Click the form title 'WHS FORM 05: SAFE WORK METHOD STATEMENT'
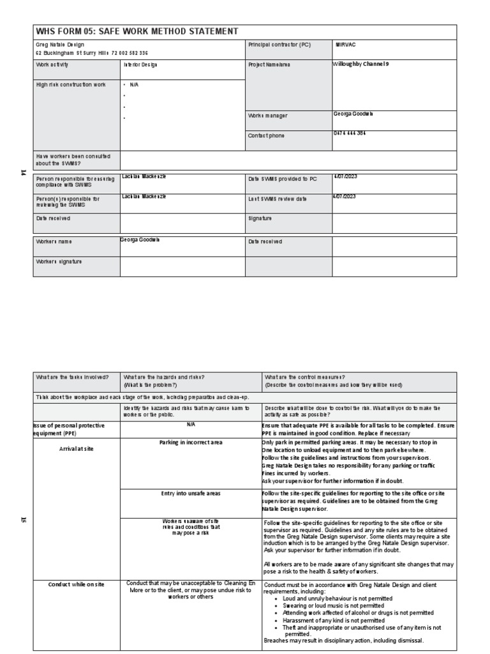(137, 31)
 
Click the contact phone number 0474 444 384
(350, 133)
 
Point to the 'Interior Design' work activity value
(140, 65)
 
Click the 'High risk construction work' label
(71, 85)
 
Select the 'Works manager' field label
(267, 116)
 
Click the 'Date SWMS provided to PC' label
(282, 179)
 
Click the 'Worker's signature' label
(59, 261)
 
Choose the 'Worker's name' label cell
(54, 242)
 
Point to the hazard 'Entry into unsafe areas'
(191, 494)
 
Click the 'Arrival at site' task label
(76, 449)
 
